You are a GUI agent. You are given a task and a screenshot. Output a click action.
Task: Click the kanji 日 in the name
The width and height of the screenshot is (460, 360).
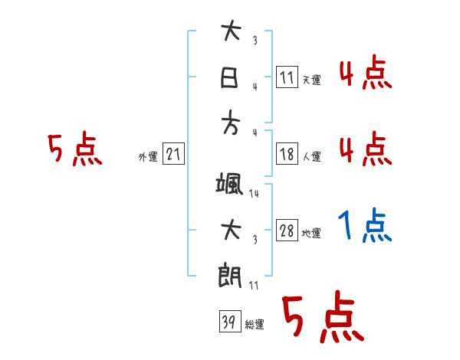(x=230, y=77)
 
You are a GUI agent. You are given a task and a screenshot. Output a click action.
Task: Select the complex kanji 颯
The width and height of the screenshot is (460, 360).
(x=230, y=183)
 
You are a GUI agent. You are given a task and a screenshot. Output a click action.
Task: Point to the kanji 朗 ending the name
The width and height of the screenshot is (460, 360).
(x=230, y=276)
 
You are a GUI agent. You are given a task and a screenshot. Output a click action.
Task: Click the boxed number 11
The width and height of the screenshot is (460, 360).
(x=287, y=77)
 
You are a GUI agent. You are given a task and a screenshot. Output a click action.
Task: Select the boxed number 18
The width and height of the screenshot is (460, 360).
(x=287, y=154)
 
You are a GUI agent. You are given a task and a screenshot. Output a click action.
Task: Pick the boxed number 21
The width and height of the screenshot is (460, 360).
(x=173, y=155)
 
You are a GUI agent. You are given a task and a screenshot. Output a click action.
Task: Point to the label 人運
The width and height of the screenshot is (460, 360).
(x=311, y=157)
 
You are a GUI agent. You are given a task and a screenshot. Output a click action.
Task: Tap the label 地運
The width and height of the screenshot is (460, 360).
(x=311, y=234)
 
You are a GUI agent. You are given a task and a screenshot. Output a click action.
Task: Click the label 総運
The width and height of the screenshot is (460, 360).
(x=255, y=325)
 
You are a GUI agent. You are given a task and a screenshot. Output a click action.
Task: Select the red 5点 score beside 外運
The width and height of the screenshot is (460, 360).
(x=74, y=149)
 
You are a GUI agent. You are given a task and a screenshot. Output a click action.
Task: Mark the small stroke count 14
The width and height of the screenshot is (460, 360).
(x=255, y=194)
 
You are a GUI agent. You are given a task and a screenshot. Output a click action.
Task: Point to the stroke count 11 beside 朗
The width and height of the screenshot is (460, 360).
(x=255, y=285)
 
